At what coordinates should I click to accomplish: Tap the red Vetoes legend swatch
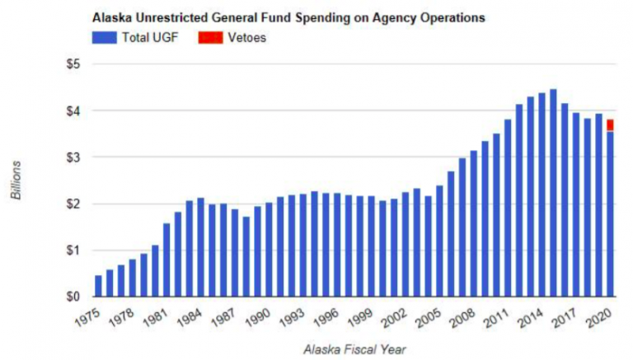[x=210, y=38]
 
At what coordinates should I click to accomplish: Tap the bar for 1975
[x=99, y=286]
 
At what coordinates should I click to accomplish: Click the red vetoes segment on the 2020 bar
[x=610, y=124]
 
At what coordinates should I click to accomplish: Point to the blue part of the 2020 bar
[x=610, y=213]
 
